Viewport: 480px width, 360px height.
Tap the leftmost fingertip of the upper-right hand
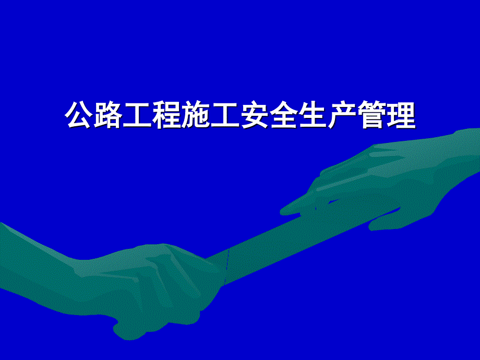tap(283, 211)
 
